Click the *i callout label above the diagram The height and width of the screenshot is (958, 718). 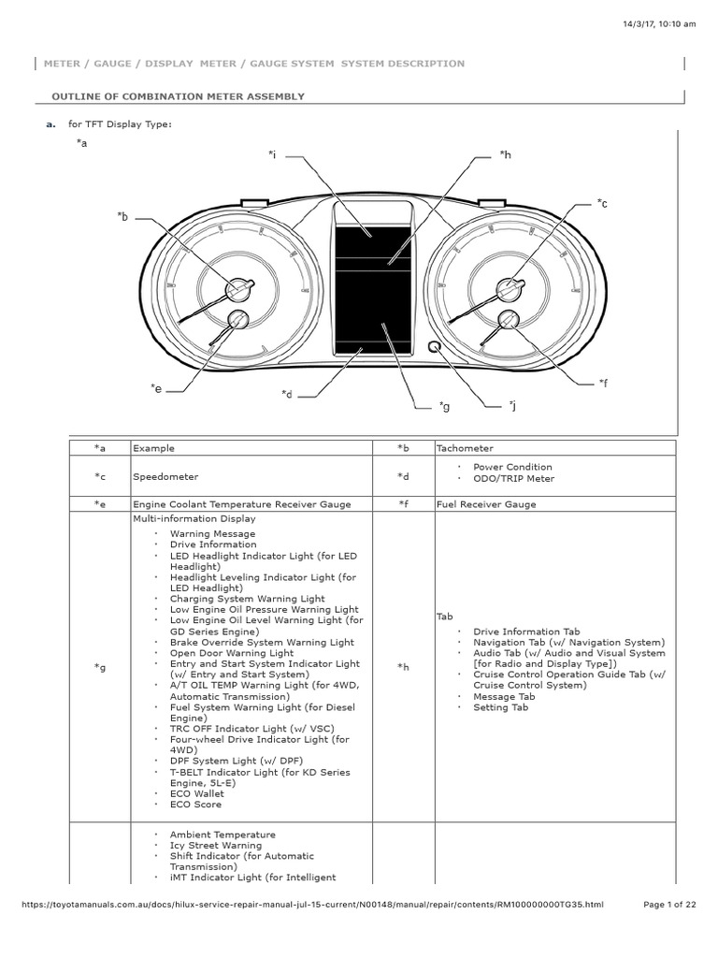[x=271, y=154]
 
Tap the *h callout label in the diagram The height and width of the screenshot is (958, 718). [x=505, y=154]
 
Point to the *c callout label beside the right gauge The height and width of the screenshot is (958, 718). [x=602, y=203]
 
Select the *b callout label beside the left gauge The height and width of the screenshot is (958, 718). [x=122, y=217]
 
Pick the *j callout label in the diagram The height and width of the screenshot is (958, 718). [x=512, y=405]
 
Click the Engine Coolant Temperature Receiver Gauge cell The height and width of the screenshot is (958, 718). [x=242, y=504]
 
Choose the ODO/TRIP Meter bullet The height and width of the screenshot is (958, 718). [x=513, y=479]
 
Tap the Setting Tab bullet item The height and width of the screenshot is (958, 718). [x=500, y=708]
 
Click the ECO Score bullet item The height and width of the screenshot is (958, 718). [x=195, y=805]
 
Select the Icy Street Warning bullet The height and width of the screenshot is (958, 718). [x=215, y=846]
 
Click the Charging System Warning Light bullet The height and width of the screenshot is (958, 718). [x=247, y=599]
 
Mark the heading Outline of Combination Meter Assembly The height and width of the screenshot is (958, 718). [x=178, y=96]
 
